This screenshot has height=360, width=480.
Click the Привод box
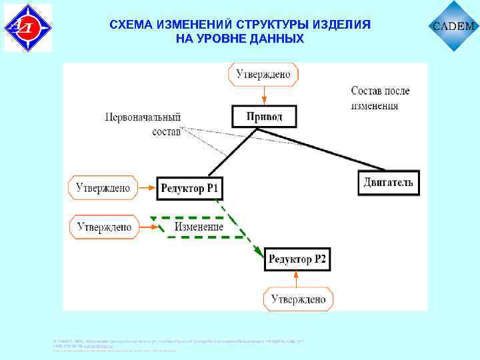(264, 117)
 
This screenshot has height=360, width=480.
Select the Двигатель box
(388, 182)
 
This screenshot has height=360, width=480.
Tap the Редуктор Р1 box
(189, 189)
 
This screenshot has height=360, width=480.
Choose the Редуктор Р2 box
(297, 259)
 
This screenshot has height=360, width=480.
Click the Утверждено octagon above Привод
(263, 74)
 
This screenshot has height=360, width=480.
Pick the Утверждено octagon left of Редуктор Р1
(103, 188)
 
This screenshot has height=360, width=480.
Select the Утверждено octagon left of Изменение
(104, 227)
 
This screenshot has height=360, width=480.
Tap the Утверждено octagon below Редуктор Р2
(298, 299)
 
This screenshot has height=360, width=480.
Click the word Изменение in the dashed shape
(199, 227)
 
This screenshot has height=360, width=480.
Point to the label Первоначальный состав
(143, 123)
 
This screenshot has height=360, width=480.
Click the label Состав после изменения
(380, 97)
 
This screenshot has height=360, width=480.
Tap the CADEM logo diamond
(454, 27)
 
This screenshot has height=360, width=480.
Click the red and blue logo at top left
(27, 27)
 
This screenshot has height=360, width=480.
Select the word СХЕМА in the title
(130, 25)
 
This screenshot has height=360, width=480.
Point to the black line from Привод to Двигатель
(320, 148)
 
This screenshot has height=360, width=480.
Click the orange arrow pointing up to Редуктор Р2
(297, 279)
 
